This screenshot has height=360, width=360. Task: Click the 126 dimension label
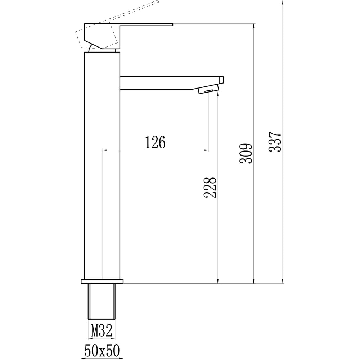pos(155,142)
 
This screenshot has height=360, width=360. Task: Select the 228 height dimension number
pos(210,187)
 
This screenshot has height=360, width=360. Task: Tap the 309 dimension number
pos(246,154)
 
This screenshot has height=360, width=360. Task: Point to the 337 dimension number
pos(275,142)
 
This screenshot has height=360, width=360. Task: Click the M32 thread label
pos(102,330)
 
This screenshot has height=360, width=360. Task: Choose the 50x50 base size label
pos(102,350)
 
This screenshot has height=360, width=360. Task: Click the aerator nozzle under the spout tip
pos(208,89)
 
